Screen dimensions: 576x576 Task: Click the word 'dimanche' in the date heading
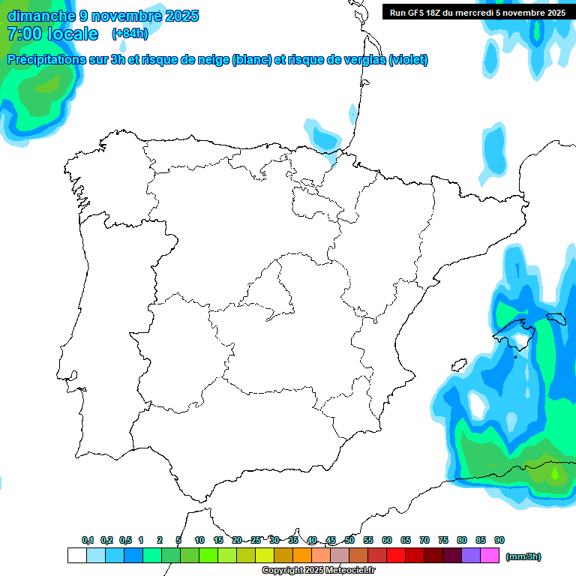click(x=41, y=16)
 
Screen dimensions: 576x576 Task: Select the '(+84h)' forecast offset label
click(x=130, y=34)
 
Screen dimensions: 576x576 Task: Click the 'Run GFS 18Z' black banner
click(x=478, y=12)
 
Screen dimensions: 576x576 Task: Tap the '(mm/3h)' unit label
click(x=523, y=556)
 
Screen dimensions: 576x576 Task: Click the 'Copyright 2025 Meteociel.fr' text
click(x=319, y=571)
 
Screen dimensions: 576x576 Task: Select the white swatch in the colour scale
click(x=76, y=555)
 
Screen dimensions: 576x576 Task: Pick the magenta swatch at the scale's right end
click(x=490, y=555)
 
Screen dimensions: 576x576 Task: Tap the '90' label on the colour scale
click(x=499, y=540)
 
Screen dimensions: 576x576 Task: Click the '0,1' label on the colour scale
click(x=88, y=540)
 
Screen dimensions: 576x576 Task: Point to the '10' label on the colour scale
click(x=199, y=540)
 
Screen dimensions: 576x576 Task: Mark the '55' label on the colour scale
click(x=368, y=540)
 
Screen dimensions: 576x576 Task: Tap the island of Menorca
click(x=556, y=318)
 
